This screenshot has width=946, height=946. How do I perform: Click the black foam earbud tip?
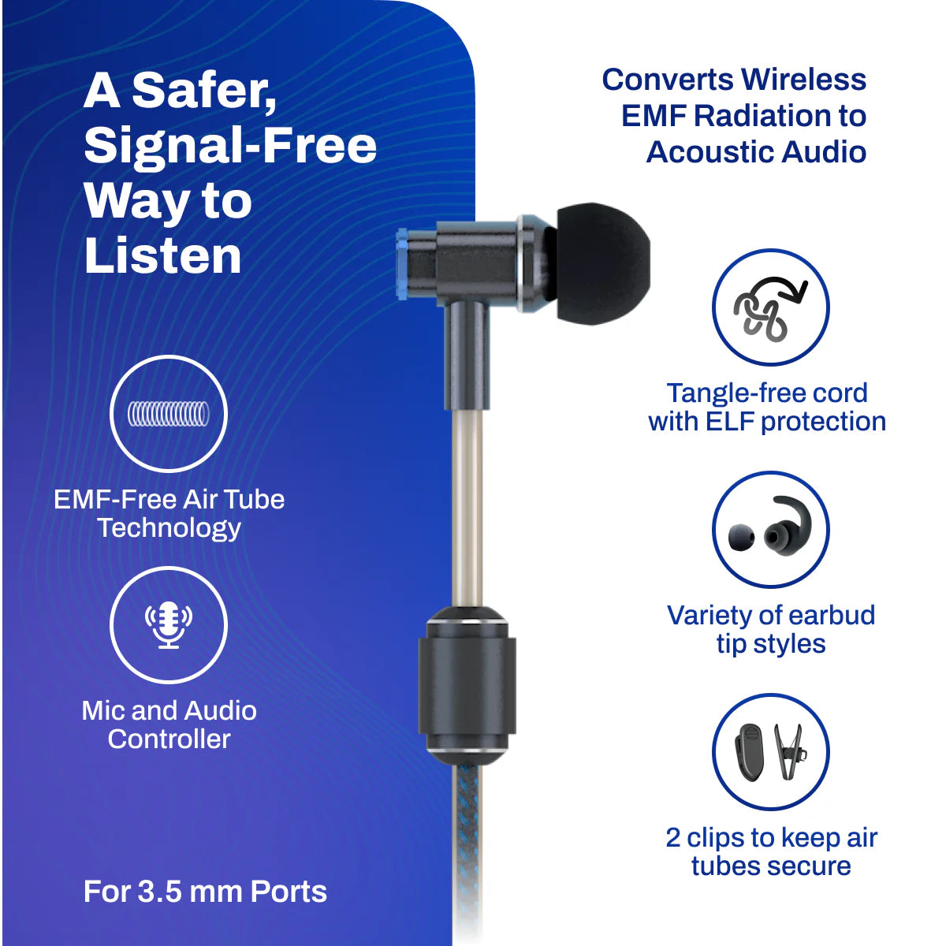tap(602, 263)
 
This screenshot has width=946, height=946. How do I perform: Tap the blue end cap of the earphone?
tap(403, 263)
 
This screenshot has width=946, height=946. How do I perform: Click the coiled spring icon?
tap(169, 413)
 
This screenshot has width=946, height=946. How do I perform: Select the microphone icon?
tap(169, 624)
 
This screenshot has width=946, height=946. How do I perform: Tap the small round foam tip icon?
tap(741, 538)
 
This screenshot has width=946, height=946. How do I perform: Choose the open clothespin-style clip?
tap(791, 752)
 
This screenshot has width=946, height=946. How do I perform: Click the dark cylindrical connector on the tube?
tap(467, 686)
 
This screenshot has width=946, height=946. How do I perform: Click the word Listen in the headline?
tap(162, 255)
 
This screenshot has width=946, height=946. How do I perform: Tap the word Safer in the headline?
tap(204, 91)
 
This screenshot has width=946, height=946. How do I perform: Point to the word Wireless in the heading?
tap(803, 80)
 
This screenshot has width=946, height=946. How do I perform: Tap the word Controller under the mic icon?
tap(169, 739)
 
